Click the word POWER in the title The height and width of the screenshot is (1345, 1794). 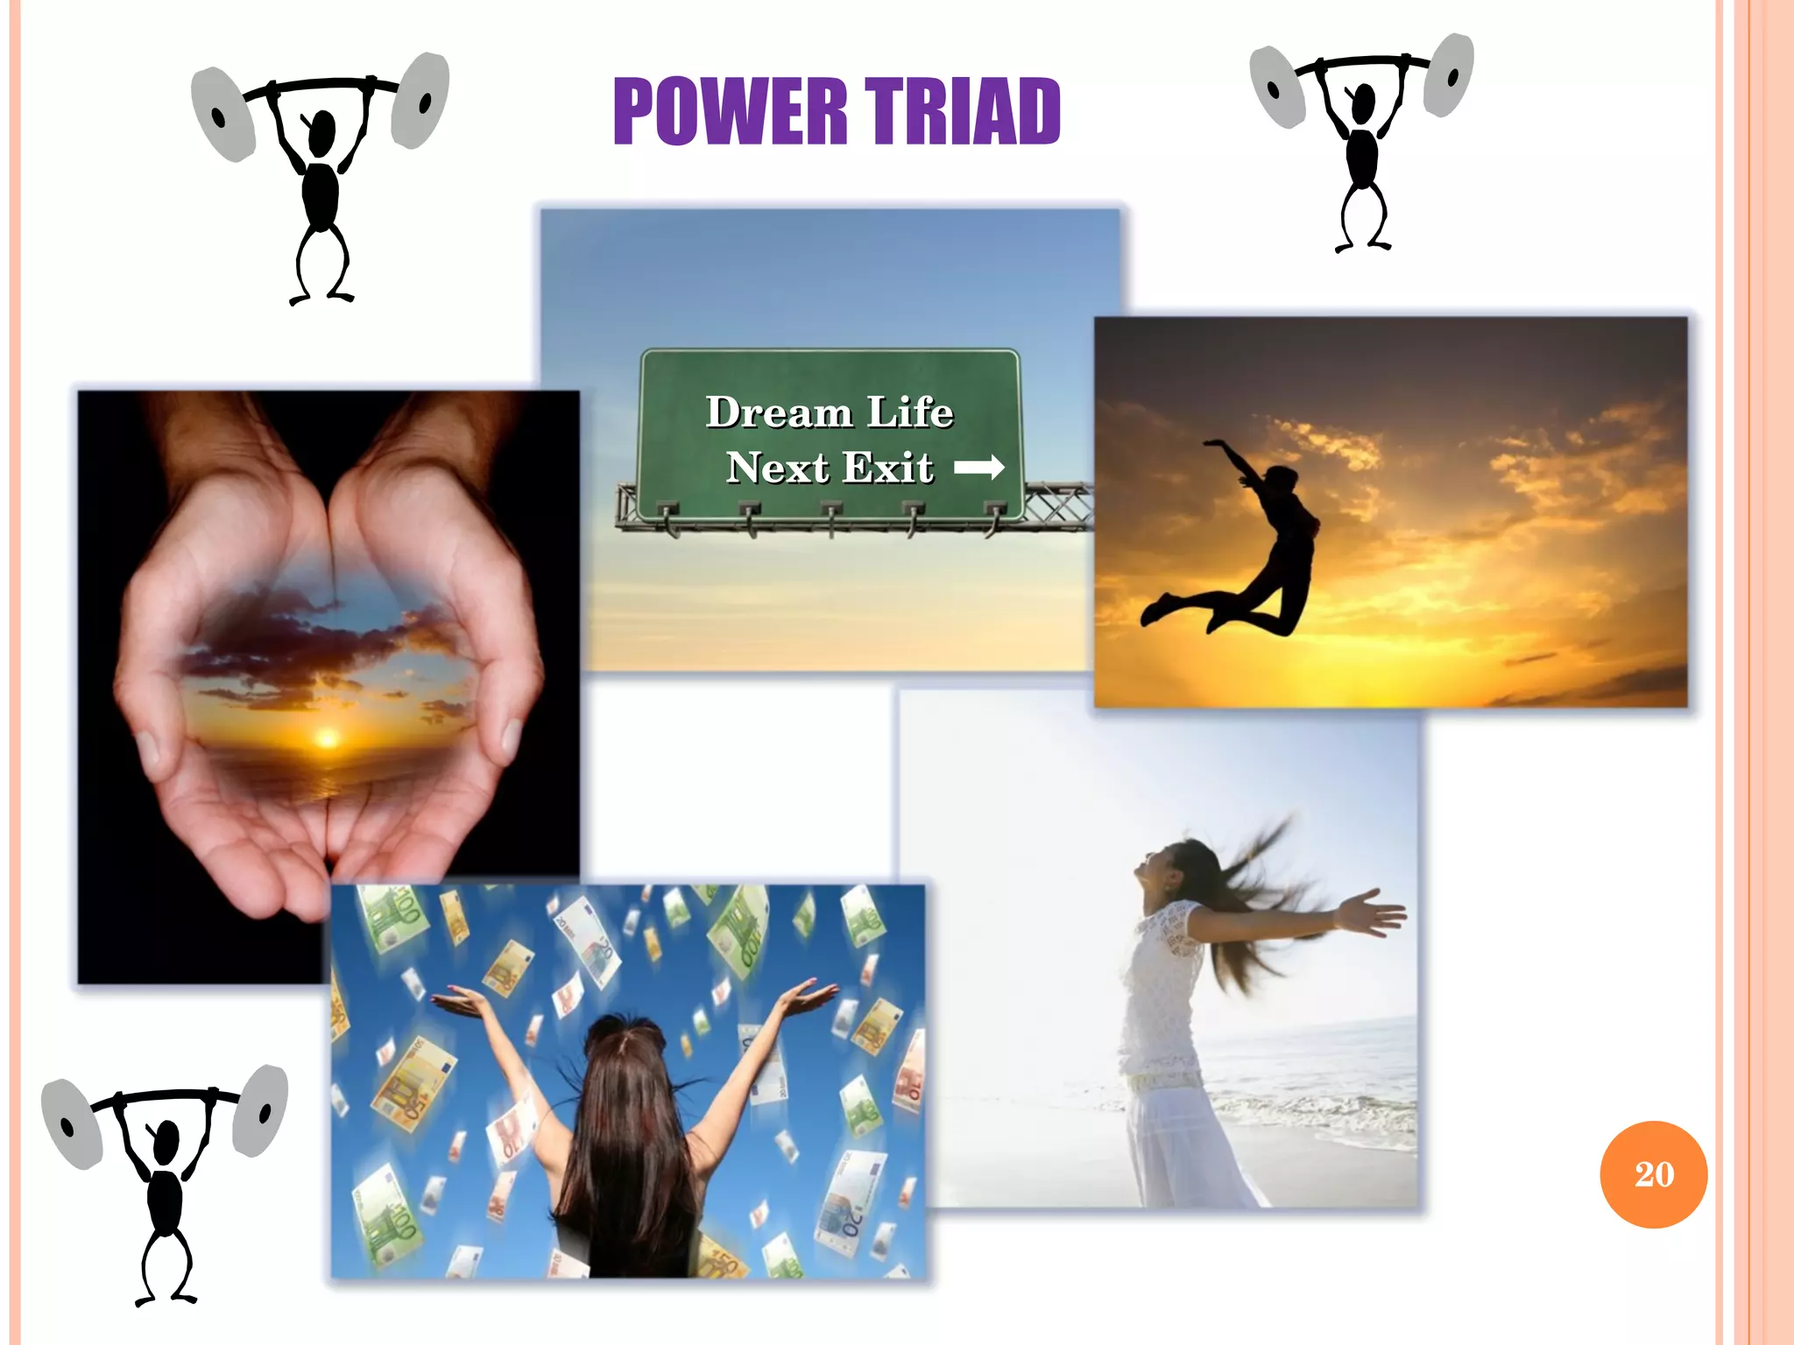pos(731,111)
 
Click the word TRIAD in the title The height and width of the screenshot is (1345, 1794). pos(963,111)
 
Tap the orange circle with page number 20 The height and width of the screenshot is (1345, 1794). pos(1653,1174)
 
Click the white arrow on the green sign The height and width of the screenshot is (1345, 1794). pos(978,468)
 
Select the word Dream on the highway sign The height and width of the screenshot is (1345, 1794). pos(780,412)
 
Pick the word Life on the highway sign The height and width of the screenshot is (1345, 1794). pos(910,412)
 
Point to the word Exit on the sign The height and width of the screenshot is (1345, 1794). pos(888,468)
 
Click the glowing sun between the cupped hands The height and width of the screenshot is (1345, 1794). pos(327,739)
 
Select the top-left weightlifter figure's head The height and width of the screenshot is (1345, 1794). pos(322,131)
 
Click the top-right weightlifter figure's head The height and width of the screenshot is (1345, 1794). pos(1363,103)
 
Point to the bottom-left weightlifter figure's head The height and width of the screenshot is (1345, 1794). pos(166,1139)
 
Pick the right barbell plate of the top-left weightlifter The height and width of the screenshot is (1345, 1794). pos(420,99)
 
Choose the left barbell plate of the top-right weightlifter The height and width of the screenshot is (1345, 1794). pos(1277,87)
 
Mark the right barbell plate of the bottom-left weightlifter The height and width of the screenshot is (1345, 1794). pos(260,1109)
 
